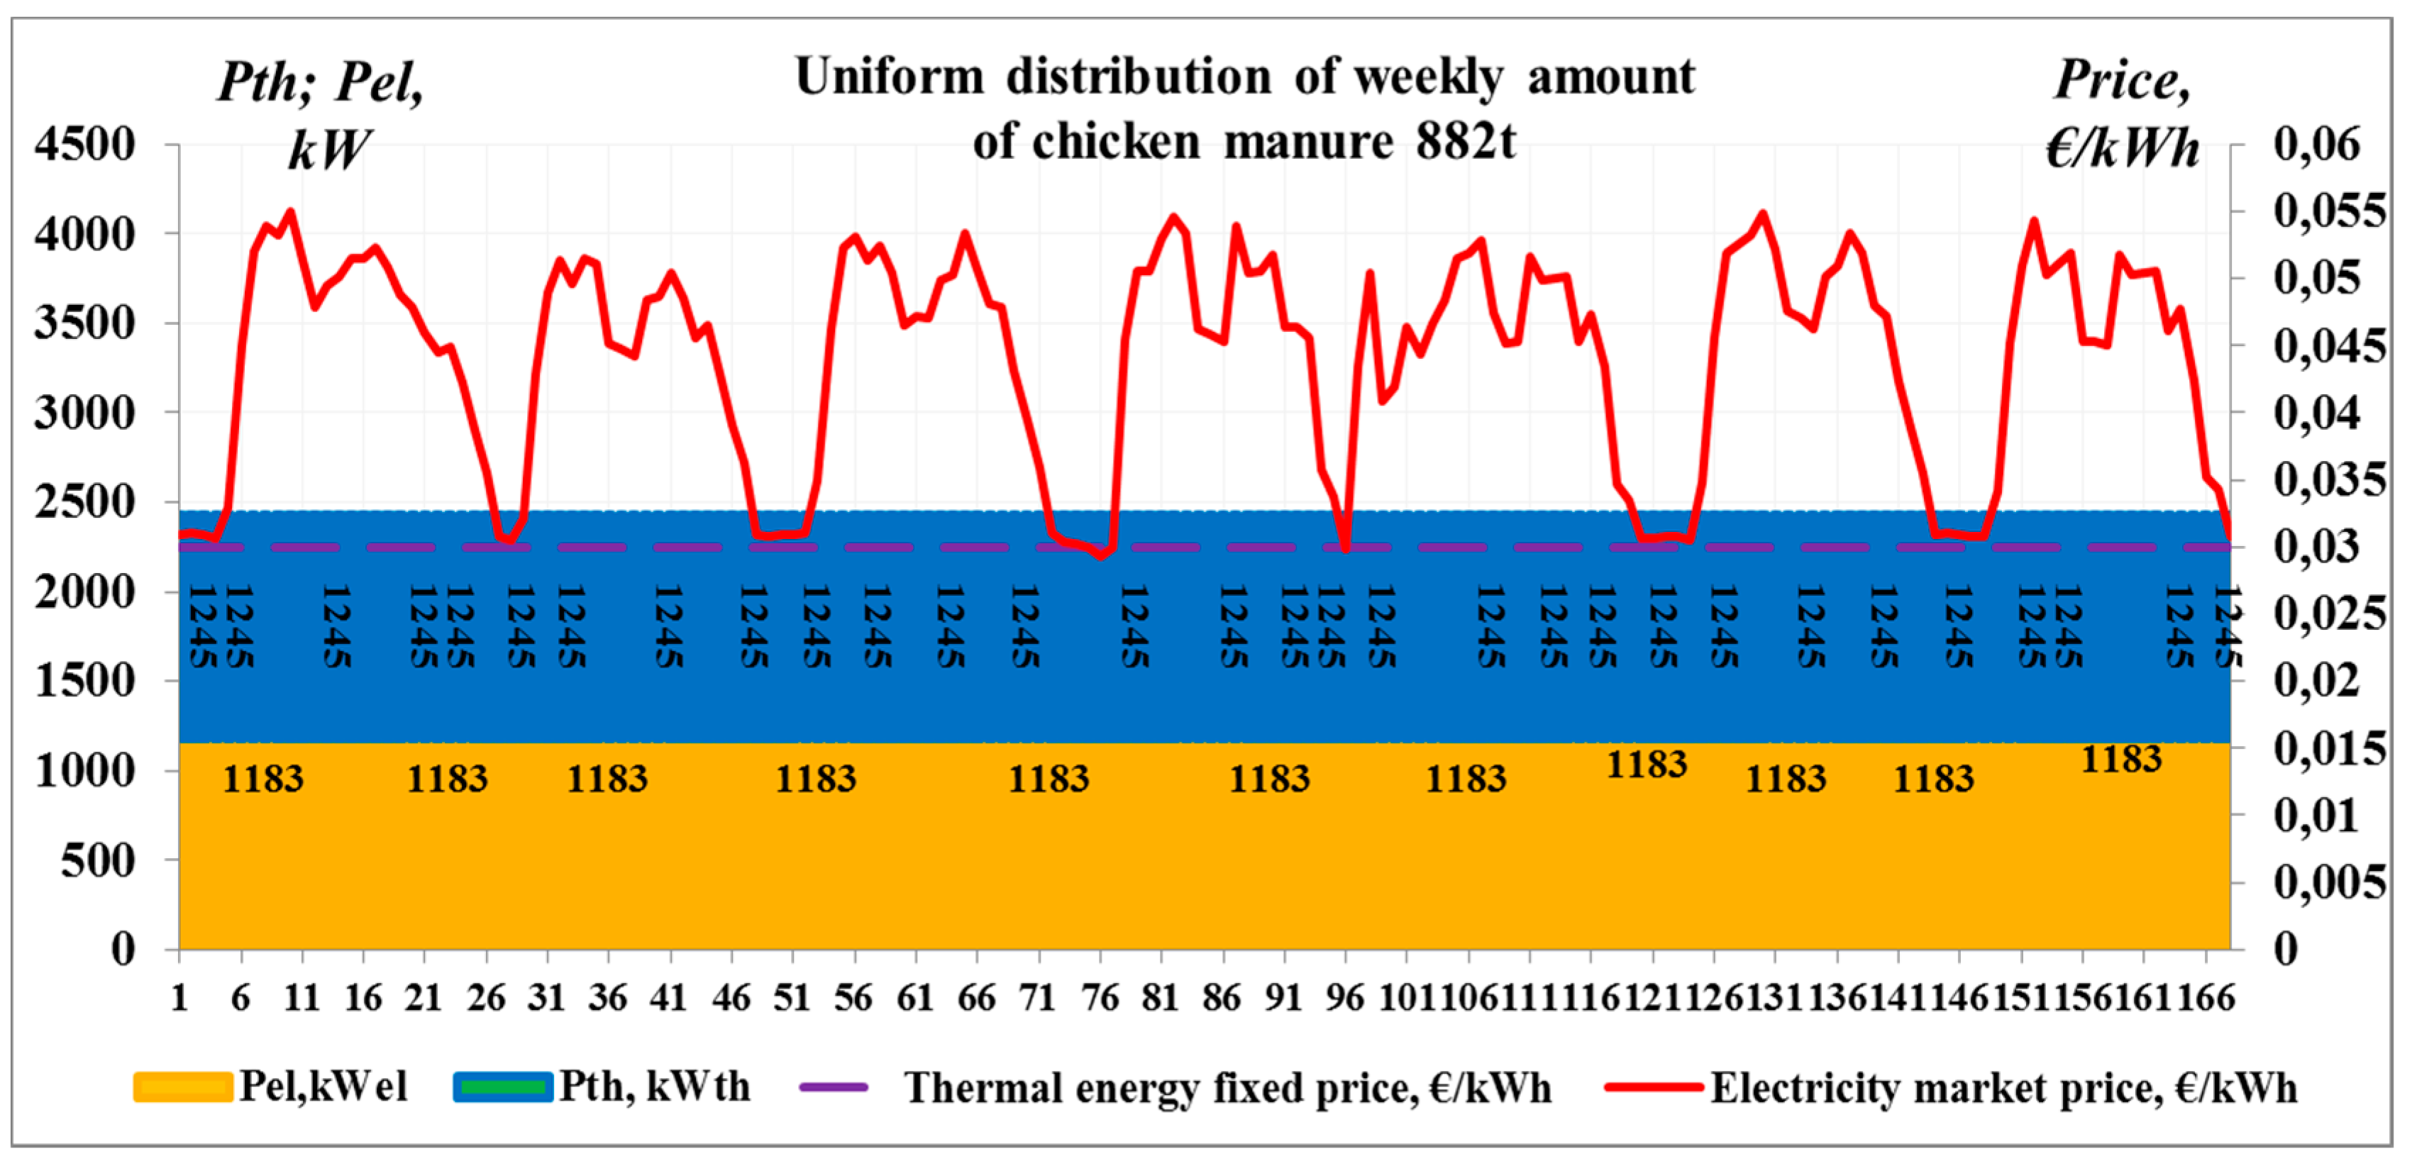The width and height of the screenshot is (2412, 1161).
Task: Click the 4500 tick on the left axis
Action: pos(84,145)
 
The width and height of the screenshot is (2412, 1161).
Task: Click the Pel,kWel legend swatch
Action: pos(182,1088)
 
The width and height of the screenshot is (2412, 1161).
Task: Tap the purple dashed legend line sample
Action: pos(834,1088)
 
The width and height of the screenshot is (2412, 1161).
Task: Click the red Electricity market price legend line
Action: pos(1653,1088)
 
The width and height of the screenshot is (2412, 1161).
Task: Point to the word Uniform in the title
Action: pos(890,77)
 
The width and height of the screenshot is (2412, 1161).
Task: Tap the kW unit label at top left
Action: pos(328,150)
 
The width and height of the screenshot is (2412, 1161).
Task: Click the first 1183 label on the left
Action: pos(263,779)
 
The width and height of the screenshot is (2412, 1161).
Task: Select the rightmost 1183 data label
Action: pos(2121,760)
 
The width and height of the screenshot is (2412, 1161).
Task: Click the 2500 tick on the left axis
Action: pos(84,503)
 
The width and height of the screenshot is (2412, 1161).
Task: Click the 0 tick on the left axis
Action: pos(123,950)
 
